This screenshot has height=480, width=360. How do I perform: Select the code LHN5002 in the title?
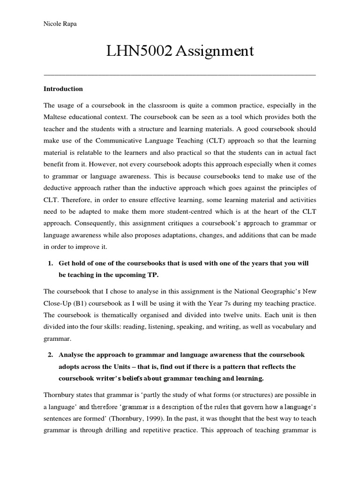[136, 51]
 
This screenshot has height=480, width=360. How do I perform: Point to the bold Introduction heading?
[63, 89]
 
